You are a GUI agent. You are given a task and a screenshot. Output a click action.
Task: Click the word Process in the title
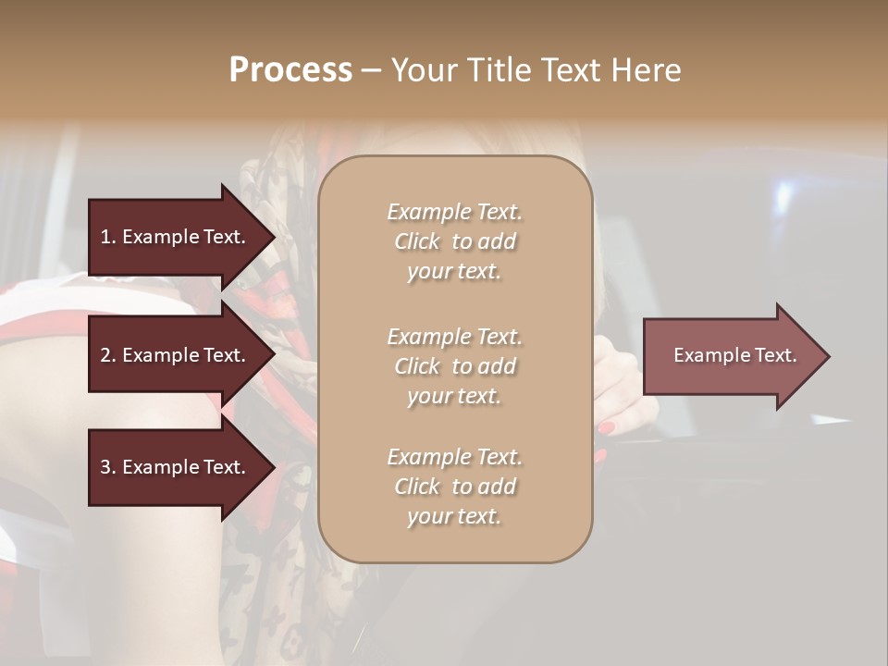pyautogui.click(x=290, y=70)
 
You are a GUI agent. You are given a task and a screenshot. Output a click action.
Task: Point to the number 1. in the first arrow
pyautogui.click(x=107, y=237)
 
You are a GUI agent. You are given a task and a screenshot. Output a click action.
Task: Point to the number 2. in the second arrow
pyautogui.click(x=107, y=355)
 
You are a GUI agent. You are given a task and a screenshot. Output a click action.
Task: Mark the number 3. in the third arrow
pyautogui.click(x=107, y=467)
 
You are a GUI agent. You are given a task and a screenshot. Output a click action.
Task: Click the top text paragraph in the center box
pyautogui.click(x=454, y=241)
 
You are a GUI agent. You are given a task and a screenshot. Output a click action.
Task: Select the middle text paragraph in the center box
pyautogui.click(x=454, y=366)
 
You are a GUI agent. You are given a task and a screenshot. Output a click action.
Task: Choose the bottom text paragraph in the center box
pyautogui.click(x=454, y=487)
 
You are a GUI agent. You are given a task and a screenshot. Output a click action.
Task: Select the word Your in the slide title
pyautogui.click(x=421, y=70)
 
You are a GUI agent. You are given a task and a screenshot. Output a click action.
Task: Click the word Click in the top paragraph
pyautogui.click(x=416, y=241)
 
